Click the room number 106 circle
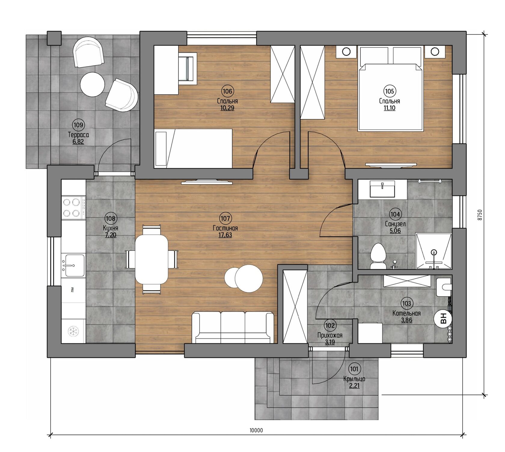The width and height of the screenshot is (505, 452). (228, 91)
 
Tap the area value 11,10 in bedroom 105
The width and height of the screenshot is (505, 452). (389, 108)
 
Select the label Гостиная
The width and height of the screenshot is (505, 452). (225, 228)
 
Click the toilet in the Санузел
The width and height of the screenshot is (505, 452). (378, 256)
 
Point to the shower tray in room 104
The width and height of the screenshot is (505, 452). (433, 251)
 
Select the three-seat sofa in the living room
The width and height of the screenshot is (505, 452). (233, 327)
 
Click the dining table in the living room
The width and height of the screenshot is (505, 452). (151, 259)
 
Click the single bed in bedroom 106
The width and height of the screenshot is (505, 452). (193, 148)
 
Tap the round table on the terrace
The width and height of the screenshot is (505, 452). (92, 84)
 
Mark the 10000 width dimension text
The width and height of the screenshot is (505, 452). (256, 430)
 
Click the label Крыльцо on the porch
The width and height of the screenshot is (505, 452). (354, 379)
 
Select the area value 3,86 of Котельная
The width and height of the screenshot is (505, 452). (406, 320)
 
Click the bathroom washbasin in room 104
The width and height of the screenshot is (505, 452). (382, 189)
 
